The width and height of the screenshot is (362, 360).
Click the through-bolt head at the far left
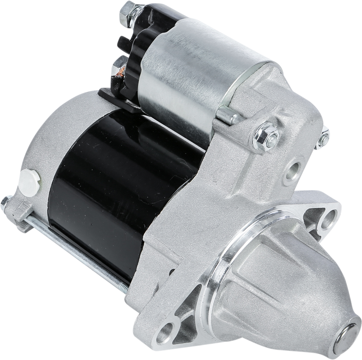coord(4,202)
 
